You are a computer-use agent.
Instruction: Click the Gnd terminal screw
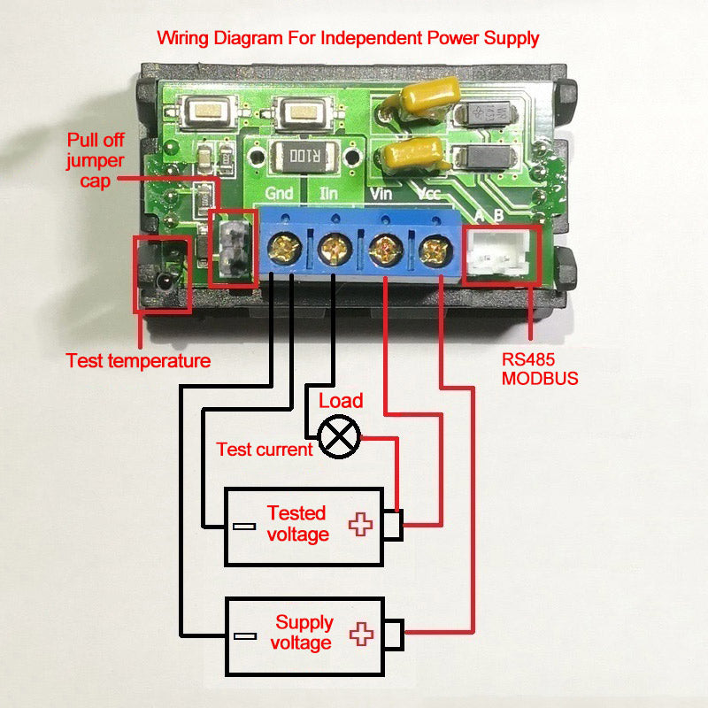285,248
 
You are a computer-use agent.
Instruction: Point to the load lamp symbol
340,436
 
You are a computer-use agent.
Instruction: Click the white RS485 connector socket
501,255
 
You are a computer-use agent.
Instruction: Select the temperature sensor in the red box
164,281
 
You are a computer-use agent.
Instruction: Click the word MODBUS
540,379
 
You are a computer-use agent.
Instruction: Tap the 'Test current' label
265,450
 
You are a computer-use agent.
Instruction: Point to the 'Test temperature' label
138,361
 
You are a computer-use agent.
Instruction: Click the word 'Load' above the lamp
341,401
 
